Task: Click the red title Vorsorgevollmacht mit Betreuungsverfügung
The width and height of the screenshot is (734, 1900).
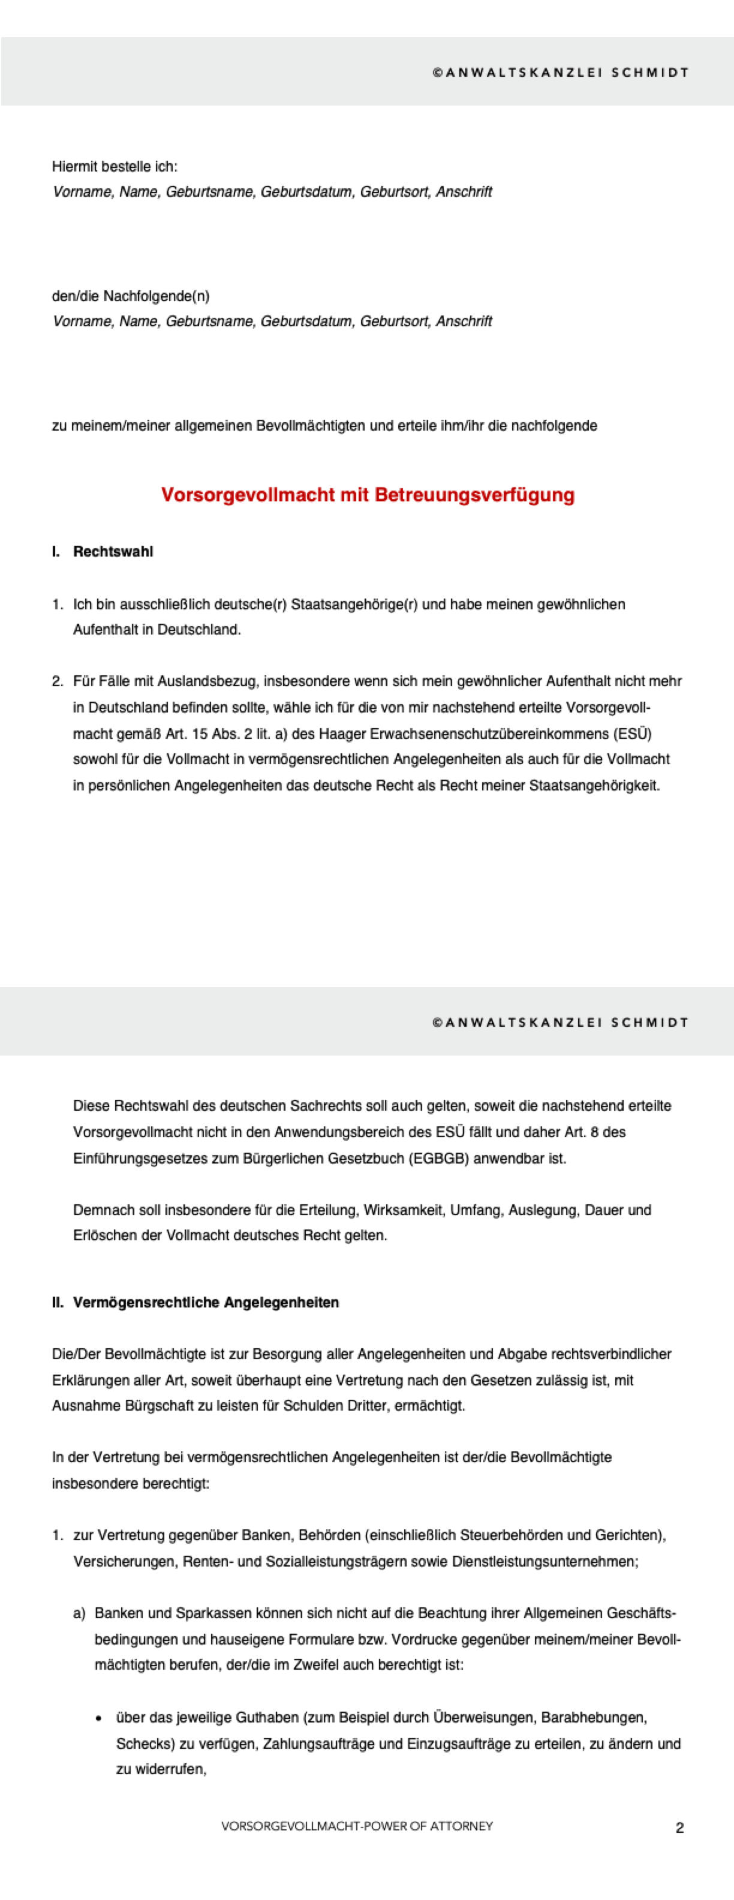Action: point(368,495)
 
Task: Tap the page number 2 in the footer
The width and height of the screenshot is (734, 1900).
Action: point(679,1827)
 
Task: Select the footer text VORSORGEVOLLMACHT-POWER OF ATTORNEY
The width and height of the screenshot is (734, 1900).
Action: point(357,1826)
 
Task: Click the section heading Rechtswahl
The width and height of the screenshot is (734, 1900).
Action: point(113,552)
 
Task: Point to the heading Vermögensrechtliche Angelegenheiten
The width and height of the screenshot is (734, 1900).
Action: point(206,1303)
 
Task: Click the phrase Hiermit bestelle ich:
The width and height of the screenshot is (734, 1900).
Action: point(115,167)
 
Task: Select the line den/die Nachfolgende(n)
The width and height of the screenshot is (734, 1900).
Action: point(131,296)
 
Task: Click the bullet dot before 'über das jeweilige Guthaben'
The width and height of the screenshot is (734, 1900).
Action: point(99,1718)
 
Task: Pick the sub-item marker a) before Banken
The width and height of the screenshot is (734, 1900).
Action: point(79,1614)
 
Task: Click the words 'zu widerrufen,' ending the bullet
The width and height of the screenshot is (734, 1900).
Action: point(161,1769)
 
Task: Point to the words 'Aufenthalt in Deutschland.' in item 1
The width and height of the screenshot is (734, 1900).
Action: point(157,630)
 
